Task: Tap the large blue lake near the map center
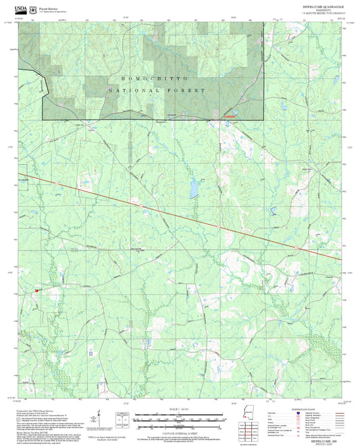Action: click(x=195, y=184)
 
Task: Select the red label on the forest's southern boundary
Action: click(x=230, y=117)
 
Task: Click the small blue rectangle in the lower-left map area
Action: click(x=91, y=352)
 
